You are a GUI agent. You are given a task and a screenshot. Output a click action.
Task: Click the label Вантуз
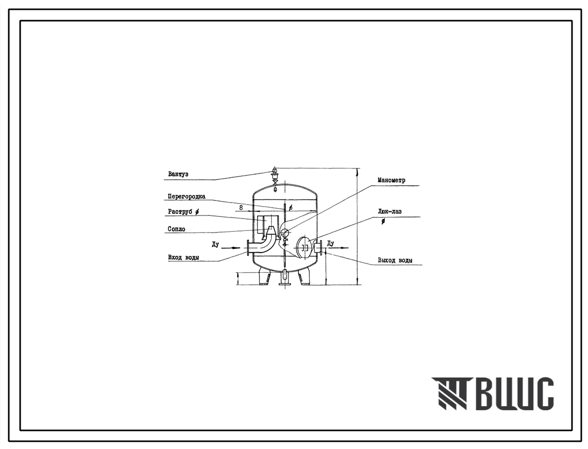(178, 174)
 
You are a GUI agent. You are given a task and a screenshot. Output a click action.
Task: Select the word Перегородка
(186, 196)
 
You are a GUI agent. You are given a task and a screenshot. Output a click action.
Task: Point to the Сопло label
(176, 229)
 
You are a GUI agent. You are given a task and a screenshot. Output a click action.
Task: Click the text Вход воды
(183, 257)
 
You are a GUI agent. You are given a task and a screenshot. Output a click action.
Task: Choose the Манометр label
(391, 180)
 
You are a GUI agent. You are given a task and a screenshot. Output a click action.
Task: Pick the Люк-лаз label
(390, 211)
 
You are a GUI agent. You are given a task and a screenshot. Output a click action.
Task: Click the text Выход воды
(395, 260)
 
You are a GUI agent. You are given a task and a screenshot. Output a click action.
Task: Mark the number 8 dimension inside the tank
(241, 207)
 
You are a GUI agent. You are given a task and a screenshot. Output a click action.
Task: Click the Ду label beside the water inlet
(215, 245)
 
